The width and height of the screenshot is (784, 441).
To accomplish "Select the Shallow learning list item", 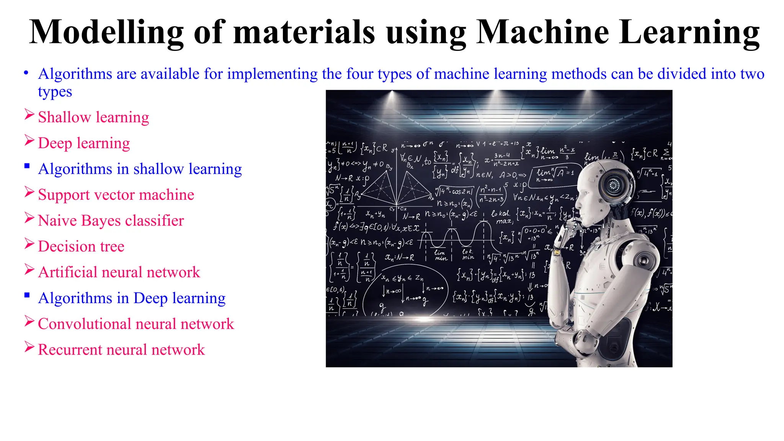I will pyautogui.click(x=93, y=117).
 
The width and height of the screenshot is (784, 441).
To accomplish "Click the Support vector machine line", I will pyautogui.click(x=116, y=195).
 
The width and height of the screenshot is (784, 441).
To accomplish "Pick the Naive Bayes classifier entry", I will pyautogui.click(x=111, y=221).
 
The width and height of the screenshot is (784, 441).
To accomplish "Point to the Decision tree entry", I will pyautogui.click(x=81, y=247).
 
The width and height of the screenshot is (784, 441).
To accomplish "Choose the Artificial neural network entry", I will pyautogui.click(x=119, y=272).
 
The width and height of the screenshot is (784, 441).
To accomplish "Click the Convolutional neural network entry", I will pyautogui.click(x=136, y=324).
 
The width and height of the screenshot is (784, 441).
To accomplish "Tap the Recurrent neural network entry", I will pyautogui.click(x=121, y=350).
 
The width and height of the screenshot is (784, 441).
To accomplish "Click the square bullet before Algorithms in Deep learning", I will pyautogui.click(x=27, y=295).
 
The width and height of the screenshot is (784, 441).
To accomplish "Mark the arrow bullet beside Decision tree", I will pyautogui.click(x=29, y=243).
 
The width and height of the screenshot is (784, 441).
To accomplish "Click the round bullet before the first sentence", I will pyautogui.click(x=26, y=73).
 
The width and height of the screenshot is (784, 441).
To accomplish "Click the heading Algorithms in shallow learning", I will pyautogui.click(x=140, y=169).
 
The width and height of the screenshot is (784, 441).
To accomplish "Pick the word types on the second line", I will pyautogui.click(x=55, y=92).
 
